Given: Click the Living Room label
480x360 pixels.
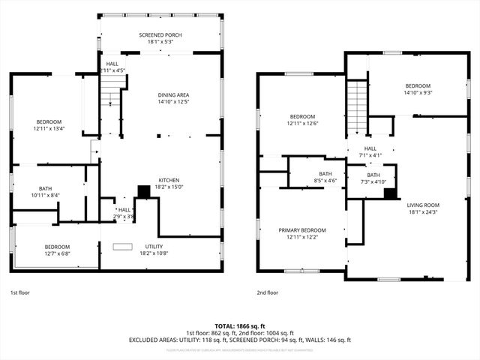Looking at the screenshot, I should point(423,207).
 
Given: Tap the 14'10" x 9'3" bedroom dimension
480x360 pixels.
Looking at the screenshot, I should point(418,93).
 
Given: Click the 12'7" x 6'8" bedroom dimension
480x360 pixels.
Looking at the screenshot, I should point(57,254).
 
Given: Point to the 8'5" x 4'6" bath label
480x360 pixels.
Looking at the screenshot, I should point(324,181).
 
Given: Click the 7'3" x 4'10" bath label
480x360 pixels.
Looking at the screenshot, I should point(373,181).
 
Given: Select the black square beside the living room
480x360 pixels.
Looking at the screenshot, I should point(389,193).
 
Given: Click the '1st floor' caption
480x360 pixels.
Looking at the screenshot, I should point(20,292).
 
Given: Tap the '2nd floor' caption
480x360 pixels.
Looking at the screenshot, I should point(268,292).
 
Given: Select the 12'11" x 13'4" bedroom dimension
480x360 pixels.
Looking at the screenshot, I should point(49,128).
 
